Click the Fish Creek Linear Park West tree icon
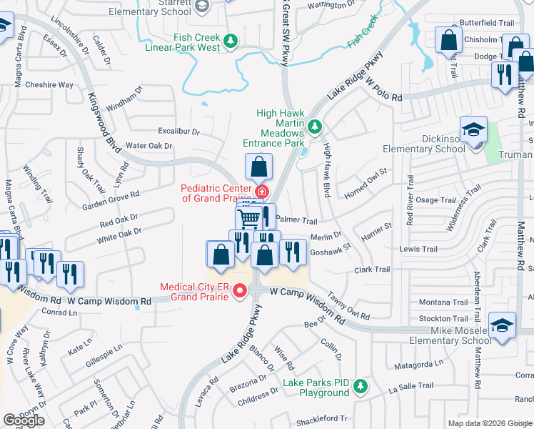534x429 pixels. (231, 41)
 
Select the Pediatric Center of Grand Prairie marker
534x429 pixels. (262, 192)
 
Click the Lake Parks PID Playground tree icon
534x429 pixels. (360, 387)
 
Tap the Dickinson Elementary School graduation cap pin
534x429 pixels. (473, 131)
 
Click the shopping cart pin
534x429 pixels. (248, 217)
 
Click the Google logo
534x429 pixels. (24, 420)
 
